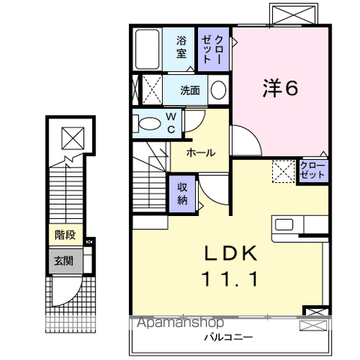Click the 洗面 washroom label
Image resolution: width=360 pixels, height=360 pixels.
(x=190, y=91)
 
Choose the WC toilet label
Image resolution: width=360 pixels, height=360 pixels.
(x=171, y=123)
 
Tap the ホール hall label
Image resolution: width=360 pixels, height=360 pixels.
(x=200, y=152)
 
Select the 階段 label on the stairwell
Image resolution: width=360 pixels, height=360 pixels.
(x=64, y=234)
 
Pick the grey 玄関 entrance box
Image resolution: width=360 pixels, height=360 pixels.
(x=64, y=262)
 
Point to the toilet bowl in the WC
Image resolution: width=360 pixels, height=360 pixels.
(x=147, y=123)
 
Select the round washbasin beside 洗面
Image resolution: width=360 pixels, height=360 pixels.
(x=218, y=91)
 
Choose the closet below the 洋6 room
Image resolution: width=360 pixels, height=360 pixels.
(x=312, y=169)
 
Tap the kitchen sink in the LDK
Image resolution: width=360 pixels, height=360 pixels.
(x=285, y=224)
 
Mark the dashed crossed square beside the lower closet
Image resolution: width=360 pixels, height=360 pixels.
(x=283, y=171)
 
